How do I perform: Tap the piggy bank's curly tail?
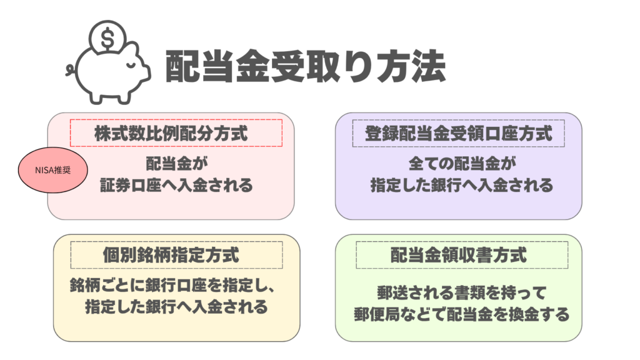click(x=70, y=68)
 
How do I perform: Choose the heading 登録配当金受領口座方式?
click(x=458, y=133)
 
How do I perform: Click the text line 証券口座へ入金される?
click(x=176, y=186)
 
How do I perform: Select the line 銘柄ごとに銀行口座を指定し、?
click(x=172, y=285)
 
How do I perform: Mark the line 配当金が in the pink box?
click(x=176, y=164)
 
